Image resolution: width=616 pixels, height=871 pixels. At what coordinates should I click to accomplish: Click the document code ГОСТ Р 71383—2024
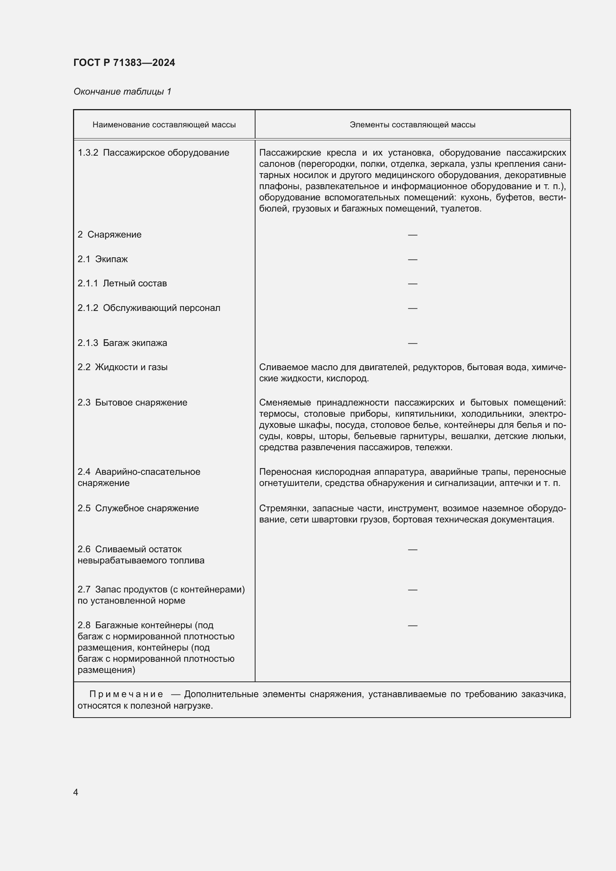(124, 63)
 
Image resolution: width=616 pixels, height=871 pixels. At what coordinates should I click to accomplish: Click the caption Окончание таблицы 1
(122, 92)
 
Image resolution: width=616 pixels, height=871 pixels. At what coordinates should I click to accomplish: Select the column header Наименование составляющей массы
(164, 125)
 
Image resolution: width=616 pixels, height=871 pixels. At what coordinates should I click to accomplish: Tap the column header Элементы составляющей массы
(412, 125)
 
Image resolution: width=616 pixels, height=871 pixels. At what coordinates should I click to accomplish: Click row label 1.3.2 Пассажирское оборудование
(153, 153)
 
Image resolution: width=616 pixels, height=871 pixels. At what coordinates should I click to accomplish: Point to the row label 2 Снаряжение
(109, 235)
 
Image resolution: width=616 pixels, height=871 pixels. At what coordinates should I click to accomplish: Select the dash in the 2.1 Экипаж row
(412, 260)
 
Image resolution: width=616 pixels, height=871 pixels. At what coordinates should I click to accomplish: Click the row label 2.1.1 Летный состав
(122, 283)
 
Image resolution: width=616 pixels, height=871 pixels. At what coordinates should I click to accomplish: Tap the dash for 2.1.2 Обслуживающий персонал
(412, 308)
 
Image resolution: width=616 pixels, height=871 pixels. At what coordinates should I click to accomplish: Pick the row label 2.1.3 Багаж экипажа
(122, 343)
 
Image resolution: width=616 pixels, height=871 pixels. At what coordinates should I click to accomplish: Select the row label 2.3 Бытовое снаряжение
(132, 403)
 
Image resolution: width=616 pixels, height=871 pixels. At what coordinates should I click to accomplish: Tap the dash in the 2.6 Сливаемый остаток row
(412, 549)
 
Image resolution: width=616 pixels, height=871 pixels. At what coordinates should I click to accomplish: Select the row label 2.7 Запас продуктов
(161, 589)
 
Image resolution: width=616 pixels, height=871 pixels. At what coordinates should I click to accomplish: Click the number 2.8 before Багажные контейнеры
(84, 625)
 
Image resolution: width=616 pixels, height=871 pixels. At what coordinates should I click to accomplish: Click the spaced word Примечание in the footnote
(126, 694)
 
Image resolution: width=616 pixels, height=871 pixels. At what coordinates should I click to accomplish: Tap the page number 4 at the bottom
(76, 792)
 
